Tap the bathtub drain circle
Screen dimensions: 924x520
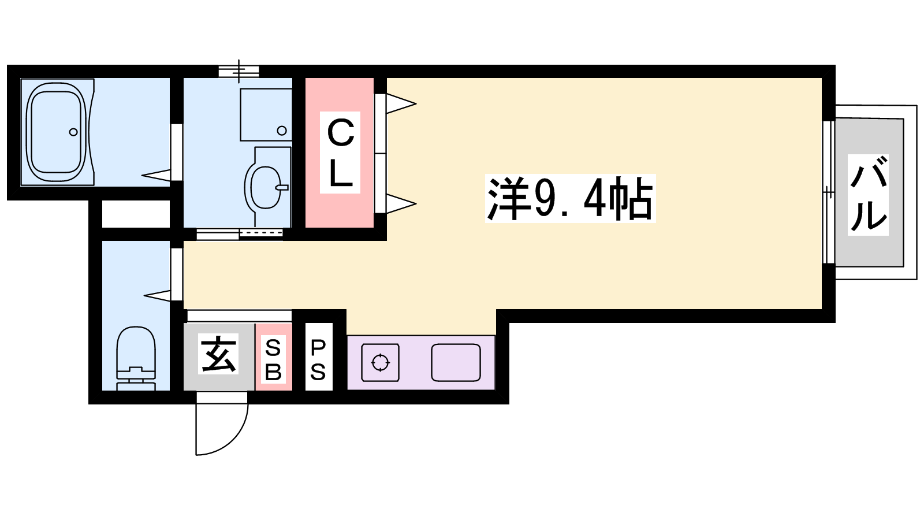[x=73, y=132]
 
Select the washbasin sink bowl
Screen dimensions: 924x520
[x=264, y=188]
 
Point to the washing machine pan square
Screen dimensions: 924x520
[x=266, y=115]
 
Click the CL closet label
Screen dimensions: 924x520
[x=340, y=153]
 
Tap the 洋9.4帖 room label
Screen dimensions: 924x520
[x=571, y=199]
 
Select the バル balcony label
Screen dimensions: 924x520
[x=868, y=195]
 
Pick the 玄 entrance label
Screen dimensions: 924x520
[x=218, y=354]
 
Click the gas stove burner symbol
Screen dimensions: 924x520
[x=381, y=362]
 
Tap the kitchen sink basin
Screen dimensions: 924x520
[x=456, y=362]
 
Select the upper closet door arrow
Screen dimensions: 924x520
[x=401, y=103]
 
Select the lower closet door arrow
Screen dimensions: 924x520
[x=401, y=203]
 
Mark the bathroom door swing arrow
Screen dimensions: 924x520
[x=156, y=175]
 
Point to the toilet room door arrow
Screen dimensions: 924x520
[x=157, y=295]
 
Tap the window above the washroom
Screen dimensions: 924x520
[x=239, y=72]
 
